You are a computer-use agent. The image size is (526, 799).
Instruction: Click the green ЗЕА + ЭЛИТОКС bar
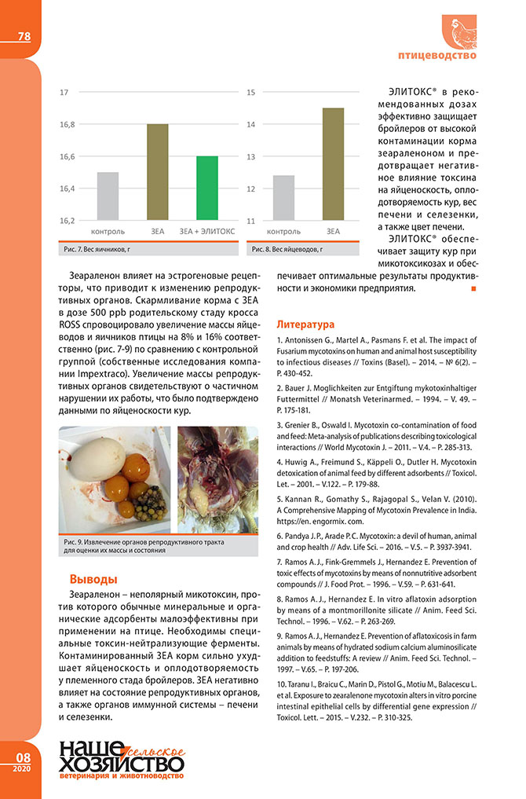coord(207,189)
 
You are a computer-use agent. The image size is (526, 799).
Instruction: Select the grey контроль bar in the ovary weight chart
coord(108,196)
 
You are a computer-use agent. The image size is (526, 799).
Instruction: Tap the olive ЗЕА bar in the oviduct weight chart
coord(333,164)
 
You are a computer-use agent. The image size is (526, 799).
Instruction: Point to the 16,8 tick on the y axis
coord(67,125)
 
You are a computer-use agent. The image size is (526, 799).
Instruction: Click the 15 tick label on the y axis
coord(251,93)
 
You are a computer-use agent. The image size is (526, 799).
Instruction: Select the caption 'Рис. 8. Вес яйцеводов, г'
coord(287,249)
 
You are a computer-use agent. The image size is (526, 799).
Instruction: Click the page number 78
coord(24,37)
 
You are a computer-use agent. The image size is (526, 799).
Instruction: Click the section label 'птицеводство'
coord(444,56)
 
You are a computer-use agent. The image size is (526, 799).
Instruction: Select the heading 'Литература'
coord(306,324)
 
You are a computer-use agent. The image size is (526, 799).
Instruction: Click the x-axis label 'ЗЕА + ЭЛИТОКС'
coord(207,231)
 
